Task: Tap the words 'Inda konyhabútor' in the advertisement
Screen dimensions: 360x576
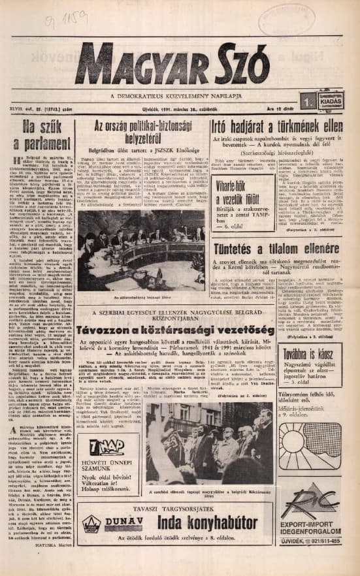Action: (200, 523)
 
